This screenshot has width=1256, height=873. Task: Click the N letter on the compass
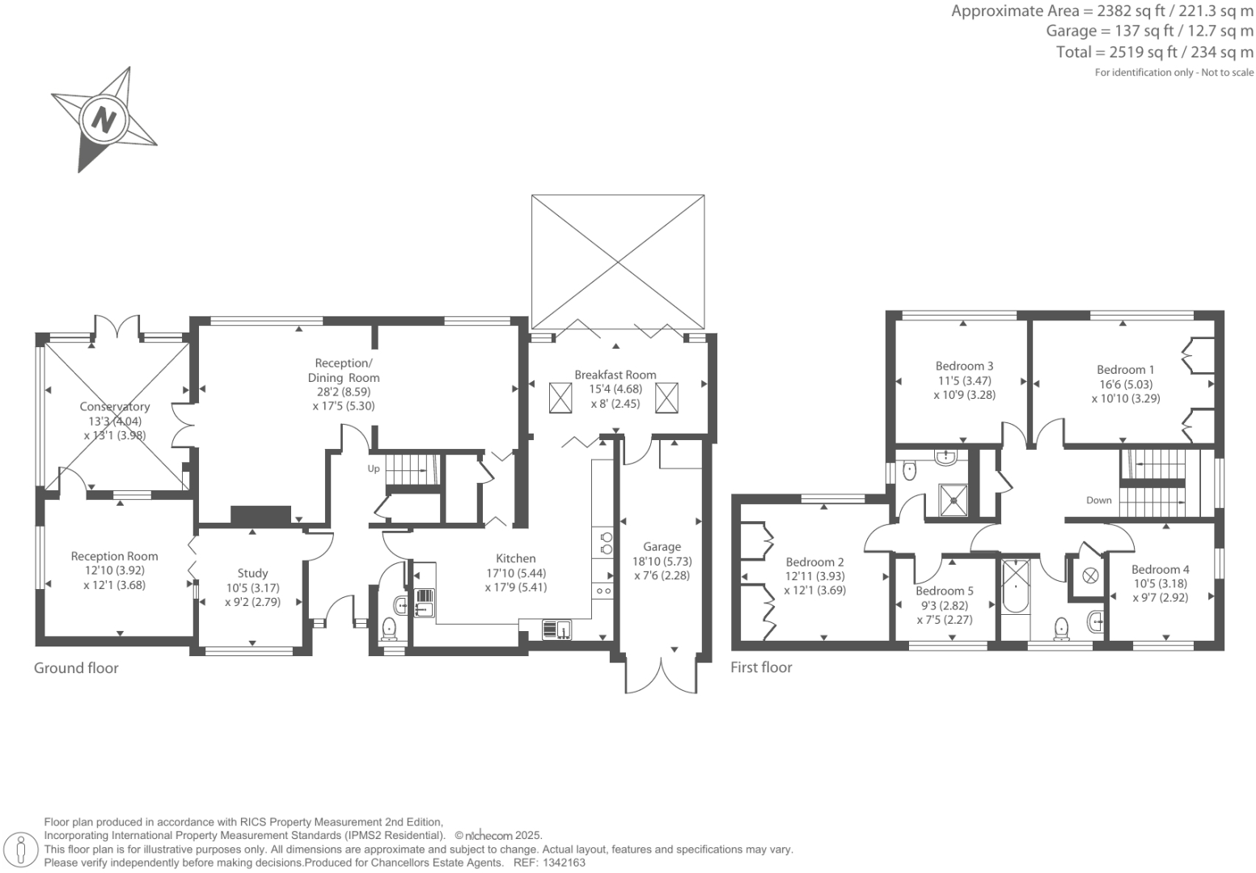pyautogui.click(x=103, y=120)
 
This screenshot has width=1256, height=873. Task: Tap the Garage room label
pyautogui.click(x=662, y=547)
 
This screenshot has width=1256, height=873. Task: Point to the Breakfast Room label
pyautogui.click(x=615, y=375)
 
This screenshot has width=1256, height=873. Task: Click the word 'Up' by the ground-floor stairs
pyautogui.click(x=374, y=468)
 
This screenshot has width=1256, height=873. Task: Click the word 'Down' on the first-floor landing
pyautogui.click(x=1098, y=500)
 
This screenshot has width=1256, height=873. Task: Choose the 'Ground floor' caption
pyautogui.click(x=76, y=667)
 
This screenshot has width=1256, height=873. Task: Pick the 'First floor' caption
pyautogui.click(x=761, y=667)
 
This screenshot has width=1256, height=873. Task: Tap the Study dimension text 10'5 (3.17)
pyautogui.click(x=252, y=588)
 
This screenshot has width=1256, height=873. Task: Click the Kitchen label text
pyautogui.click(x=515, y=558)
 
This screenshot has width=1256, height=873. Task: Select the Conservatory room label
pyautogui.click(x=115, y=406)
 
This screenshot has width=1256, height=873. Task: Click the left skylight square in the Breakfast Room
pyautogui.click(x=560, y=398)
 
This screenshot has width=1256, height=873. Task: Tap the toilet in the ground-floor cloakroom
pyautogui.click(x=389, y=627)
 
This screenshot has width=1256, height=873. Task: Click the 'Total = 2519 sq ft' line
pyautogui.click(x=1154, y=52)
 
